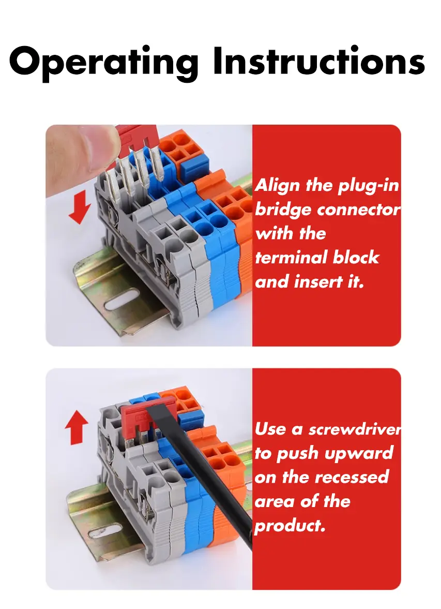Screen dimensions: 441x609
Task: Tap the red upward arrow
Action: (x=77, y=427)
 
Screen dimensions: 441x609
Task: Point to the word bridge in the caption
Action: (x=283, y=210)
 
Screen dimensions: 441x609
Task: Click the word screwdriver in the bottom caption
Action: (x=355, y=429)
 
